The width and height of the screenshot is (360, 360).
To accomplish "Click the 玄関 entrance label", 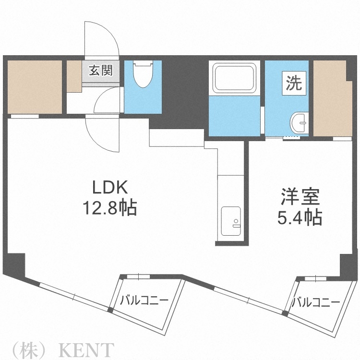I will (100, 71).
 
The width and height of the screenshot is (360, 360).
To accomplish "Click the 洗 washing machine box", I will (294, 84).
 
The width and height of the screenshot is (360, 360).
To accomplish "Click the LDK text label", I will (111, 187).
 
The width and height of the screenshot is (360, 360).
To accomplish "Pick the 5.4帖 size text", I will (299, 218).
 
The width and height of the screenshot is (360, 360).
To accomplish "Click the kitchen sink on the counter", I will (232, 222).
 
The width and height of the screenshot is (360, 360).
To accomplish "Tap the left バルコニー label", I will (144, 300).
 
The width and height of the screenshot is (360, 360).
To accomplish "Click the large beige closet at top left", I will (34, 87).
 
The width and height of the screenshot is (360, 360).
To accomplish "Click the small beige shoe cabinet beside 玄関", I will (74, 76).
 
